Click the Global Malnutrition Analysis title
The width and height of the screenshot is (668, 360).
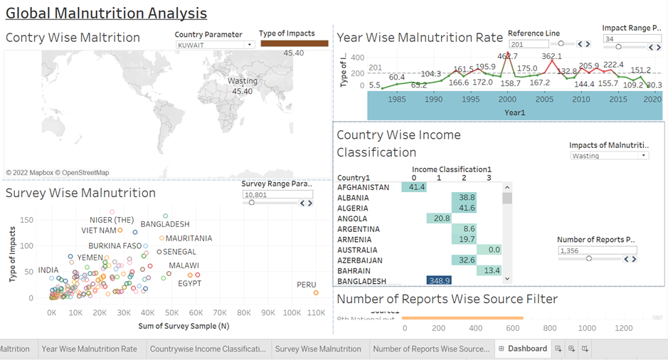[107, 14]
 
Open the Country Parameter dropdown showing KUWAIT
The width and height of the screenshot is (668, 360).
[214, 45]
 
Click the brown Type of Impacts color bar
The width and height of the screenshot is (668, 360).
[294, 43]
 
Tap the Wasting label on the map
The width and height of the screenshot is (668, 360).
[243, 81]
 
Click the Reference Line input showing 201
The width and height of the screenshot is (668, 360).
[529, 44]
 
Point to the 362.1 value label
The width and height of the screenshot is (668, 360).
[552, 56]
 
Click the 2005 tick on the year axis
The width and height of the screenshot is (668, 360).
[544, 99]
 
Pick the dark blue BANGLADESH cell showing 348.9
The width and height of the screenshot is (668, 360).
[438, 281]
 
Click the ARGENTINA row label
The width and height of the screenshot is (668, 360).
[359, 229]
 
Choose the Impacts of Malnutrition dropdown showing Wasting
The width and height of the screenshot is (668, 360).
[609, 155]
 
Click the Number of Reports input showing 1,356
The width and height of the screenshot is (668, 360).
[597, 251]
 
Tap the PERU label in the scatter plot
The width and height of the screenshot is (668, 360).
[307, 285]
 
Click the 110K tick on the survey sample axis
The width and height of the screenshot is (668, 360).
[292, 313]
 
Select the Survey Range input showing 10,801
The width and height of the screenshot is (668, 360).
[277, 194]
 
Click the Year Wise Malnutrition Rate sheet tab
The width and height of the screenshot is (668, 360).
[89, 349]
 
